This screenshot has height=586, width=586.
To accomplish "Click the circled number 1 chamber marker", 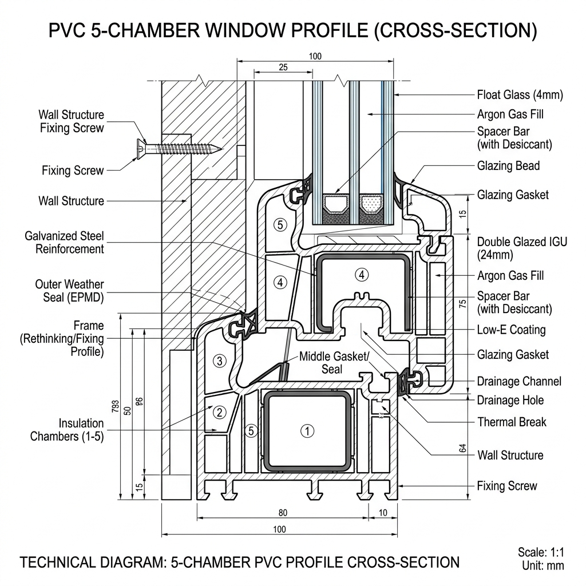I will click(x=307, y=431).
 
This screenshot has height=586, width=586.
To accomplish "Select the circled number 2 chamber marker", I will click(x=218, y=412).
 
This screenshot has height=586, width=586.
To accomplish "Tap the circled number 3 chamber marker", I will click(x=218, y=361).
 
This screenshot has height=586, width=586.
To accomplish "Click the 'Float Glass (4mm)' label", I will click(x=520, y=95).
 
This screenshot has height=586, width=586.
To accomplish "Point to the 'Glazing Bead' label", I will click(x=508, y=166).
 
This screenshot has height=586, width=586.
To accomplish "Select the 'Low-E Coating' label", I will click(x=511, y=330).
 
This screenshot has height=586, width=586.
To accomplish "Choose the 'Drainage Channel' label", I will click(x=519, y=381).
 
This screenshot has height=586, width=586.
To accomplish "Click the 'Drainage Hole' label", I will click(x=510, y=400).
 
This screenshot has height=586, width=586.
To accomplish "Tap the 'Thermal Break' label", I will click(x=512, y=422).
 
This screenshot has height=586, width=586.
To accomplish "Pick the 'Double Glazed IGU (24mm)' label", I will click(x=522, y=248).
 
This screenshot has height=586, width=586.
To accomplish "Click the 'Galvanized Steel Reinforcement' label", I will click(x=64, y=242).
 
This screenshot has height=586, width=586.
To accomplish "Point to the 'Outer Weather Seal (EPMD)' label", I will click(x=69, y=291).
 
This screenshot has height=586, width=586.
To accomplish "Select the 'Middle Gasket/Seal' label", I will click(x=334, y=363).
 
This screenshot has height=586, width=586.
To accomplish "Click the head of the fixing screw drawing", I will click(x=141, y=148).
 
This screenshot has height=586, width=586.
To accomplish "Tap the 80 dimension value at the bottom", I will click(x=283, y=512).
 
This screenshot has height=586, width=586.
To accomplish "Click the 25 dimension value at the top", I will click(x=283, y=68).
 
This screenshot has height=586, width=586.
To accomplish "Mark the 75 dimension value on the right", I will click(x=463, y=304).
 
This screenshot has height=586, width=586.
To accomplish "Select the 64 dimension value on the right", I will click(x=462, y=450).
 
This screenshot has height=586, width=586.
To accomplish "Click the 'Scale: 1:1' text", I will click(x=541, y=553).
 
